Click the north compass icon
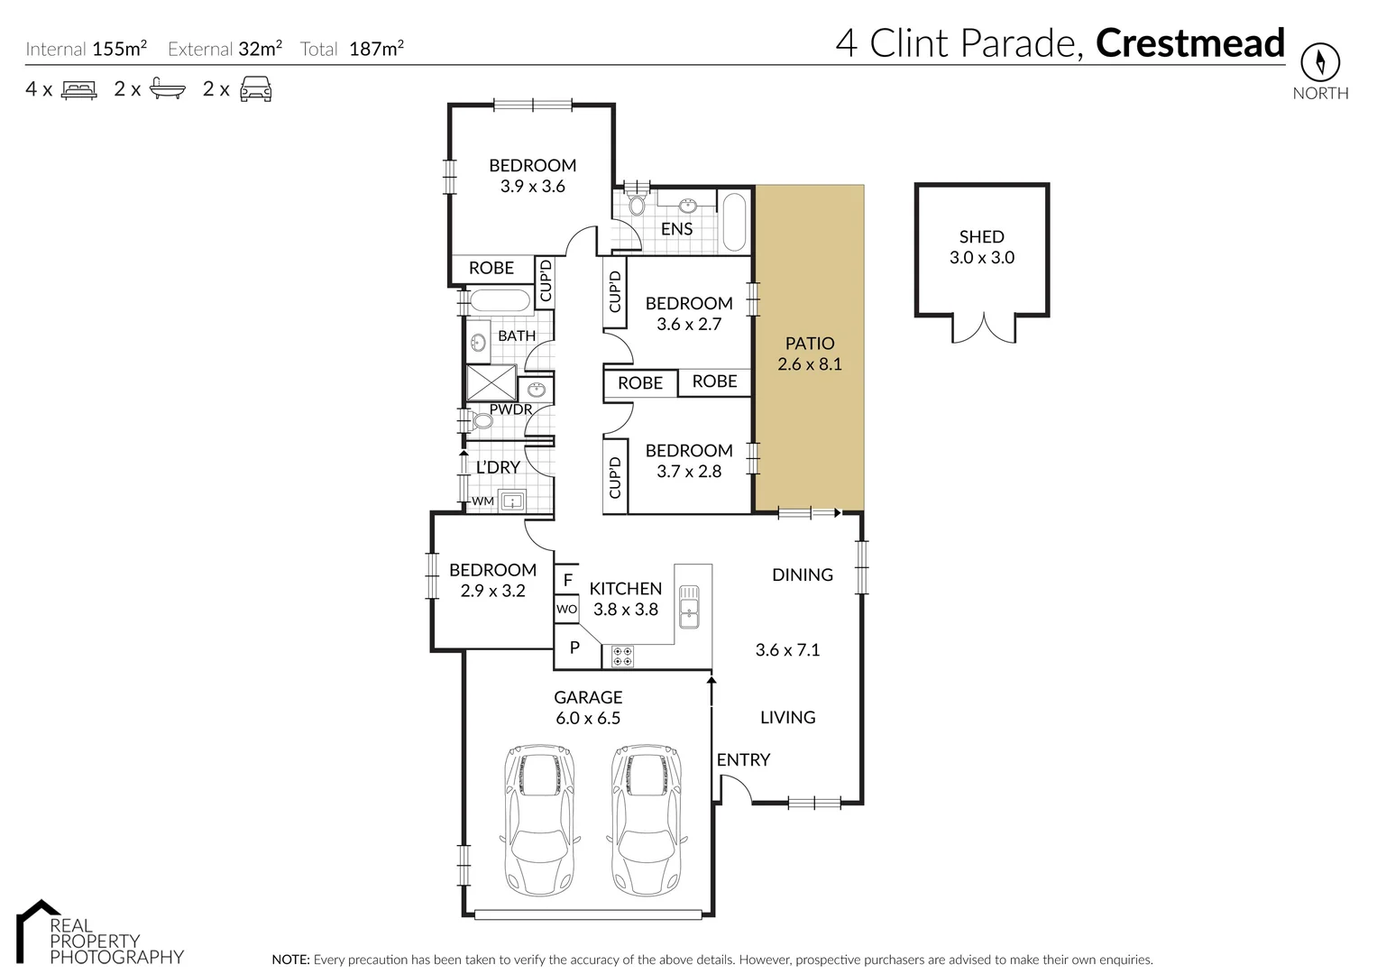(x=1320, y=61)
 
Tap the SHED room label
(x=982, y=236)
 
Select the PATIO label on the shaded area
(x=810, y=343)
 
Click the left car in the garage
(x=540, y=821)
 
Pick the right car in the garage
(x=647, y=821)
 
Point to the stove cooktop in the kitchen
(x=623, y=657)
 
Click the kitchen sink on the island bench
(x=689, y=606)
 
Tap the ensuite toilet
(x=637, y=202)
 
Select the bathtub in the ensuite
(x=734, y=221)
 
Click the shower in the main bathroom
(x=491, y=383)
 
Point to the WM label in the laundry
(x=482, y=501)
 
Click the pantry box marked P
(x=574, y=647)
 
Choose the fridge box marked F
(x=567, y=579)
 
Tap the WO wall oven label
(x=567, y=609)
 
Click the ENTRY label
(x=743, y=760)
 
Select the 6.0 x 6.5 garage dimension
(x=588, y=718)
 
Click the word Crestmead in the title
(x=1190, y=43)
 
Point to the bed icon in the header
(x=79, y=90)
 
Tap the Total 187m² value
(x=376, y=48)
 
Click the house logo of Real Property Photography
(x=37, y=929)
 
